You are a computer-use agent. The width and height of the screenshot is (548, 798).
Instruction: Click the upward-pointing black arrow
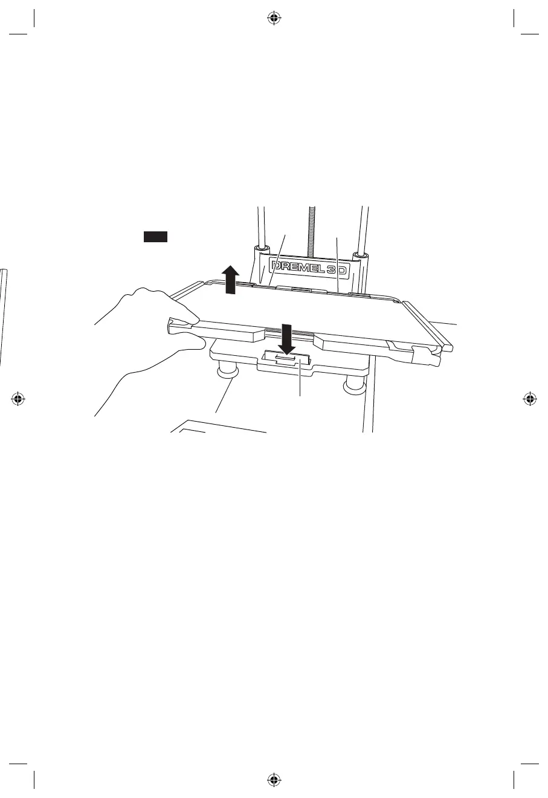tap(230, 281)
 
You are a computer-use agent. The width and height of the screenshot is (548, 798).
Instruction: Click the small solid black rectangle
tap(155, 236)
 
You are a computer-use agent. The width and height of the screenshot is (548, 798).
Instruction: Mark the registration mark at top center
tap(274, 18)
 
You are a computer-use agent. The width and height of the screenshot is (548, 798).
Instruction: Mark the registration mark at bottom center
tap(274, 779)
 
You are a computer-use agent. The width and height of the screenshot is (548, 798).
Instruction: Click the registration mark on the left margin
tap(18, 399)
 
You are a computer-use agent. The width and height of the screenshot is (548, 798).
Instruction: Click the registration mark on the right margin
tap(529, 399)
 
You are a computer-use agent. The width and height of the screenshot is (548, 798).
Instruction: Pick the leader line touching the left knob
tap(224, 396)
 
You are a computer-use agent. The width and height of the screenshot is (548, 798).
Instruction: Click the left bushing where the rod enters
tap(261, 249)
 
